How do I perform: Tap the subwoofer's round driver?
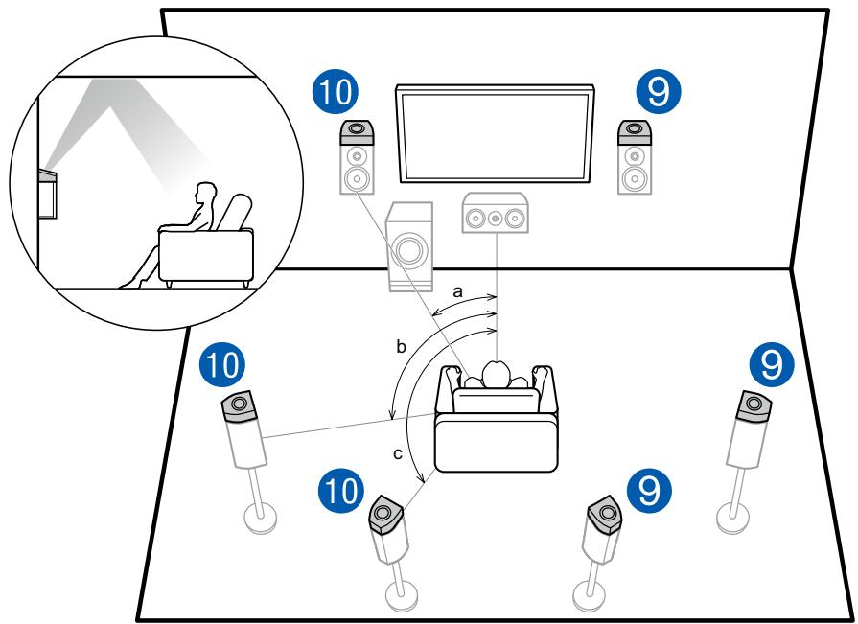click(x=409, y=251)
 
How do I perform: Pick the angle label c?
click(x=397, y=453)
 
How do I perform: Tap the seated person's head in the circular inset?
click(x=201, y=196)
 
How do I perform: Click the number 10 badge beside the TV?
click(x=336, y=93)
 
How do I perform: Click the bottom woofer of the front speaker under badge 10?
click(x=356, y=178)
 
